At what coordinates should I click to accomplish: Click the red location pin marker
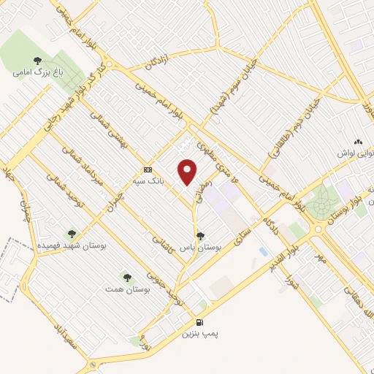pos(188,172)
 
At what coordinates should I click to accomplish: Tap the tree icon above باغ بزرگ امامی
pos(37,61)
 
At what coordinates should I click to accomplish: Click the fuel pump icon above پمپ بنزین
pos(199,322)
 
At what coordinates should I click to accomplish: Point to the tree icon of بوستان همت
pos(128,278)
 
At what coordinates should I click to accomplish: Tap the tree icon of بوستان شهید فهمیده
pos(71,234)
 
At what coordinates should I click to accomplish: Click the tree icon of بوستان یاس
pos(200,236)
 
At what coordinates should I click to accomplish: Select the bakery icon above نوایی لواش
pos(357,142)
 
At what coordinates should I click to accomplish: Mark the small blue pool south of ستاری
pos(262,251)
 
